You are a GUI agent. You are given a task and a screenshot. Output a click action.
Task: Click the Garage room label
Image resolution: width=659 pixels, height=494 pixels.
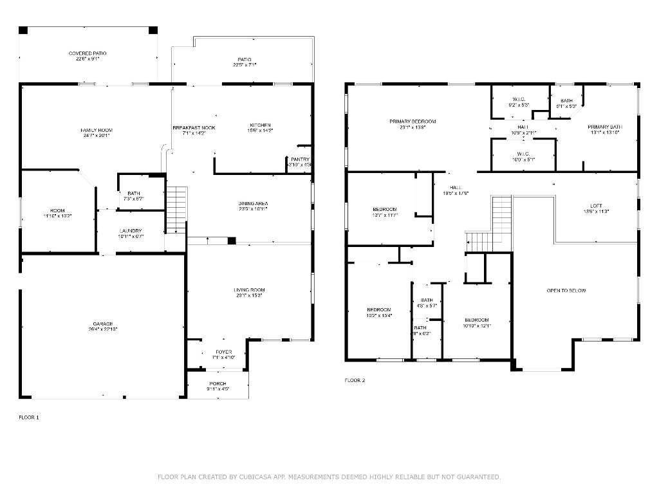tap(102, 324)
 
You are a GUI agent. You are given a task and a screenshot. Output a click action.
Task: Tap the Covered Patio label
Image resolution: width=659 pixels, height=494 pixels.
tap(88, 53)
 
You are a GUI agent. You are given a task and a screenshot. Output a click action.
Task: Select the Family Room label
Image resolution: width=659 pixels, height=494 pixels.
tap(97, 130)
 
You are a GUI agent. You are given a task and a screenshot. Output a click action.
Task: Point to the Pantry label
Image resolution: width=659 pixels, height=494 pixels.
tap(300, 160)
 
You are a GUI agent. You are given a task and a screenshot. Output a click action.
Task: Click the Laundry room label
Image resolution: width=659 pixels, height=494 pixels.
tap(131, 231)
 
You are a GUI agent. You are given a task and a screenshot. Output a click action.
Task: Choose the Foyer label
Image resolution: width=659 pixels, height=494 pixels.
tap(223, 352)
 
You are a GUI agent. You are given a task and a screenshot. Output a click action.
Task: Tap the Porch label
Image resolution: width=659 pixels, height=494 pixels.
tap(218, 383)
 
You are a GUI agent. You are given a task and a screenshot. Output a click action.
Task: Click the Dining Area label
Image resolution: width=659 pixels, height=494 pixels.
tap(253, 203)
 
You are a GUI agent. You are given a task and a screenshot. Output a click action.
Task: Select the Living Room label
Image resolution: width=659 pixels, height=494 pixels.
tap(249, 290)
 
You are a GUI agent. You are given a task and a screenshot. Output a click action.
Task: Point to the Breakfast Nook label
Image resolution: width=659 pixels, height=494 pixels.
tap(194, 127)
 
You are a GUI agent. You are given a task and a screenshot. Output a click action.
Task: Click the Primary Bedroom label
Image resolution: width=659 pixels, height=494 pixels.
tap(413, 122)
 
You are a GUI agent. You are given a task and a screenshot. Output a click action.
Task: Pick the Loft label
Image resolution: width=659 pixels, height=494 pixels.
tap(596, 206)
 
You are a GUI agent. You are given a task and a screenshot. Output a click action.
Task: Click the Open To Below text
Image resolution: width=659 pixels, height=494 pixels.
tap(566, 291)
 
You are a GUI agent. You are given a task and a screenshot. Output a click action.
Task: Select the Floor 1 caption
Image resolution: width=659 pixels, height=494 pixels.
tap(29, 417)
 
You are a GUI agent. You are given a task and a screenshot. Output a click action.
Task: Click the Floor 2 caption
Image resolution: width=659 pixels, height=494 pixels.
tap(355, 380)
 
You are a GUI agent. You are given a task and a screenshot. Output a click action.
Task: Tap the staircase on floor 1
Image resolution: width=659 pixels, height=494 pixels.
tap(176, 210)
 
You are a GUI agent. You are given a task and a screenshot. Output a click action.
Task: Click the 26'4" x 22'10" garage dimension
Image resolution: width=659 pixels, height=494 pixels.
tap(102, 329)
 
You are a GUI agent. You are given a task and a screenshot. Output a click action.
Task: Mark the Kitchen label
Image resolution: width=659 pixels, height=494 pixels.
tap(261, 125)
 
